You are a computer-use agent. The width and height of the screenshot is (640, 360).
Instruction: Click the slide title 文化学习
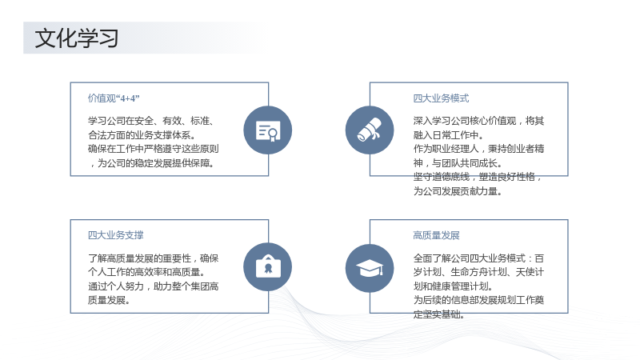tap(77, 38)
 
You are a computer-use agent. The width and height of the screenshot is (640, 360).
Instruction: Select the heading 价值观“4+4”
tap(114, 98)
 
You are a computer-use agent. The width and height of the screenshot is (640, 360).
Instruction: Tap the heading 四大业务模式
tap(441, 98)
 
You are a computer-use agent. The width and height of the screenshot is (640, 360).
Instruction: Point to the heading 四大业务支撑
tap(115, 235)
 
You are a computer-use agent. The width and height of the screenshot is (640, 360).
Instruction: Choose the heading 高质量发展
tap(436, 235)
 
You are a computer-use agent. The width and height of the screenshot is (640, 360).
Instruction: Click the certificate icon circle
tap(268, 130)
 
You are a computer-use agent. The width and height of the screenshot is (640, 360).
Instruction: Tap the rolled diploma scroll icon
tap(370, 130)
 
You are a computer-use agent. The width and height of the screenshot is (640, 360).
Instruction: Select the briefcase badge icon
tap(268, 267)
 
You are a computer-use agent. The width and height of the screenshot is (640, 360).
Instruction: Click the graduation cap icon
tap(370, 268)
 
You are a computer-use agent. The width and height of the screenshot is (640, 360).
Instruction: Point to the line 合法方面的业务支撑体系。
tap(142, 135)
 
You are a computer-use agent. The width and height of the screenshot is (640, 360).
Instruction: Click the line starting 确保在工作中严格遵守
tap(154, 149)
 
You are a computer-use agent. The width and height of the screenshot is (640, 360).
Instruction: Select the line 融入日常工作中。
tap(448, 135)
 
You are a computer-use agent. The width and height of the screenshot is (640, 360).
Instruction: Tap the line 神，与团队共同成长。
tap(458, 163)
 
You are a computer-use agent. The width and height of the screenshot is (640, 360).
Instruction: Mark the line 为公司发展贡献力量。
tap(458, 191)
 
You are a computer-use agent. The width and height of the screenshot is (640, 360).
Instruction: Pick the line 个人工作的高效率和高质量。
tap(146, 272)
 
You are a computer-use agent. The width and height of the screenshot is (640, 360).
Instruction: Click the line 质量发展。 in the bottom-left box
tap(109, 301)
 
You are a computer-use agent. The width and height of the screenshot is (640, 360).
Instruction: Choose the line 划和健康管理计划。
tap(453, 286)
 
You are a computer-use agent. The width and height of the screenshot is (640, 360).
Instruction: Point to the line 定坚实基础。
tap(438, 314)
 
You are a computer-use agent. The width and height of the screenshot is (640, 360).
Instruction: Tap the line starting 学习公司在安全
tap(151, 121)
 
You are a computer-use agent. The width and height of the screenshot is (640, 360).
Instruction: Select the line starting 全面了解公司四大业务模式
tap(478, 258)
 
